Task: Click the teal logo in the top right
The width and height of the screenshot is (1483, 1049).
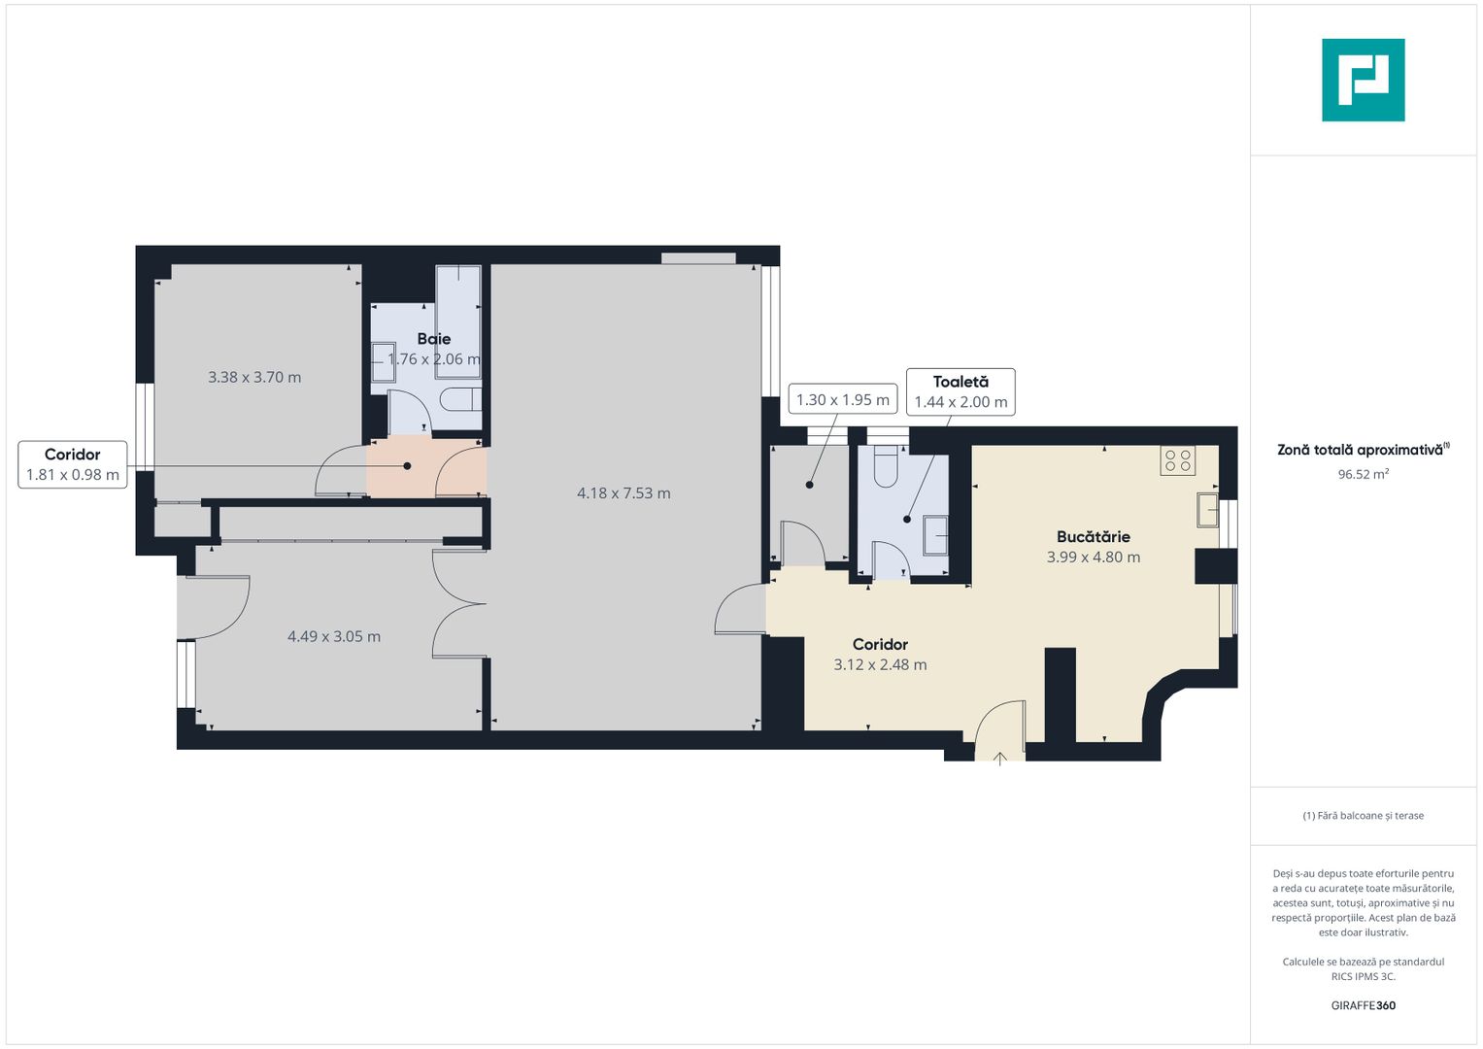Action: [1363, 80]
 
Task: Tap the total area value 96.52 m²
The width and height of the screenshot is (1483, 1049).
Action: [1363, 474]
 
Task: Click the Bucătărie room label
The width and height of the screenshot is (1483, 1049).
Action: [1093, 536]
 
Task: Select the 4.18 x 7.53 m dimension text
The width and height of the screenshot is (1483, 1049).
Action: [624, 493]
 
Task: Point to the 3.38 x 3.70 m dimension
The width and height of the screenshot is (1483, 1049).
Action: [254, 377]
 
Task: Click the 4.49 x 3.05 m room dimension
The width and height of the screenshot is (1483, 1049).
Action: [333, 636]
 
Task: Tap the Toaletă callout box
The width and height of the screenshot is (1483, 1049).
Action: [961, 391]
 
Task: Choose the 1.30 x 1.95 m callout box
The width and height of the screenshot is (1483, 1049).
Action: [842, 399]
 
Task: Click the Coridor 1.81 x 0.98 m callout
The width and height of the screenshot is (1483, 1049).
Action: [73, 464]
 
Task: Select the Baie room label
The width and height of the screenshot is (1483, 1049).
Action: [433, 339]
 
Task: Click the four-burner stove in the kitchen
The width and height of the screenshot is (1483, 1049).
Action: [1177, 460]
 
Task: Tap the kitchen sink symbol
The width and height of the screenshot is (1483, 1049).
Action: [1207, 510]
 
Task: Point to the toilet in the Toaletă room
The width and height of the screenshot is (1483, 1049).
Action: [886, 467]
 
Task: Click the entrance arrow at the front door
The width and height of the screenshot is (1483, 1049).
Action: [1000, 759]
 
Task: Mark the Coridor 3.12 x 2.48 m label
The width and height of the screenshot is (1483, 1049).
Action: [880, 654]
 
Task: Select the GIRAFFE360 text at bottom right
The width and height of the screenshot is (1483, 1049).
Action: [1363, 1005]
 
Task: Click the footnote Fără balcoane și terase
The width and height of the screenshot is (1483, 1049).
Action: [1363, 816]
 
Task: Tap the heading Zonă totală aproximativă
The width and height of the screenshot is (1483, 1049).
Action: [1360, 450]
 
